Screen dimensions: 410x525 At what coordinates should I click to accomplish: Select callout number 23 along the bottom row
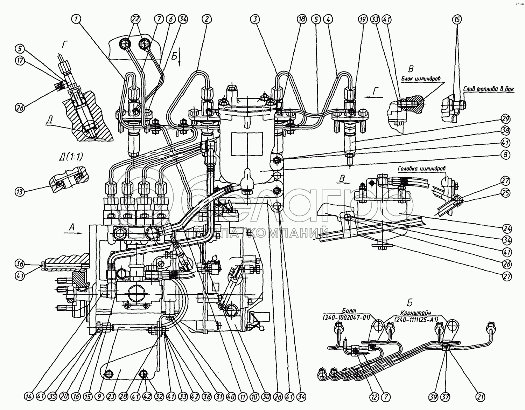click(112, 397)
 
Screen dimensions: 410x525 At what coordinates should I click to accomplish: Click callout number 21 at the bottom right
click(481, 397)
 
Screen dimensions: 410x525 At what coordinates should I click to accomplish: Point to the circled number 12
click(374, 397)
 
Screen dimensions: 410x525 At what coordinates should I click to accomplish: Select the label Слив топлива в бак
click(489, 89)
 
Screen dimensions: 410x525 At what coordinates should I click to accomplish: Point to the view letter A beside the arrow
click(72, 227)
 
